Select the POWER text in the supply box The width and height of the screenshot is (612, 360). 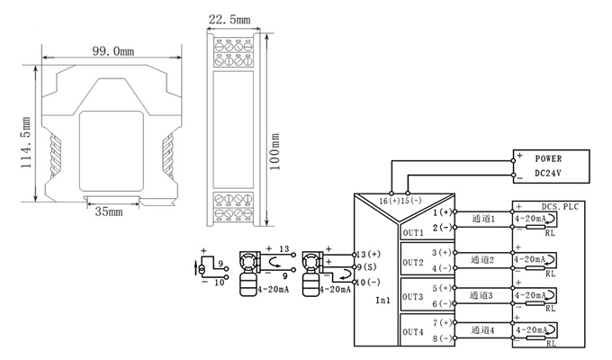pos(548,158)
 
